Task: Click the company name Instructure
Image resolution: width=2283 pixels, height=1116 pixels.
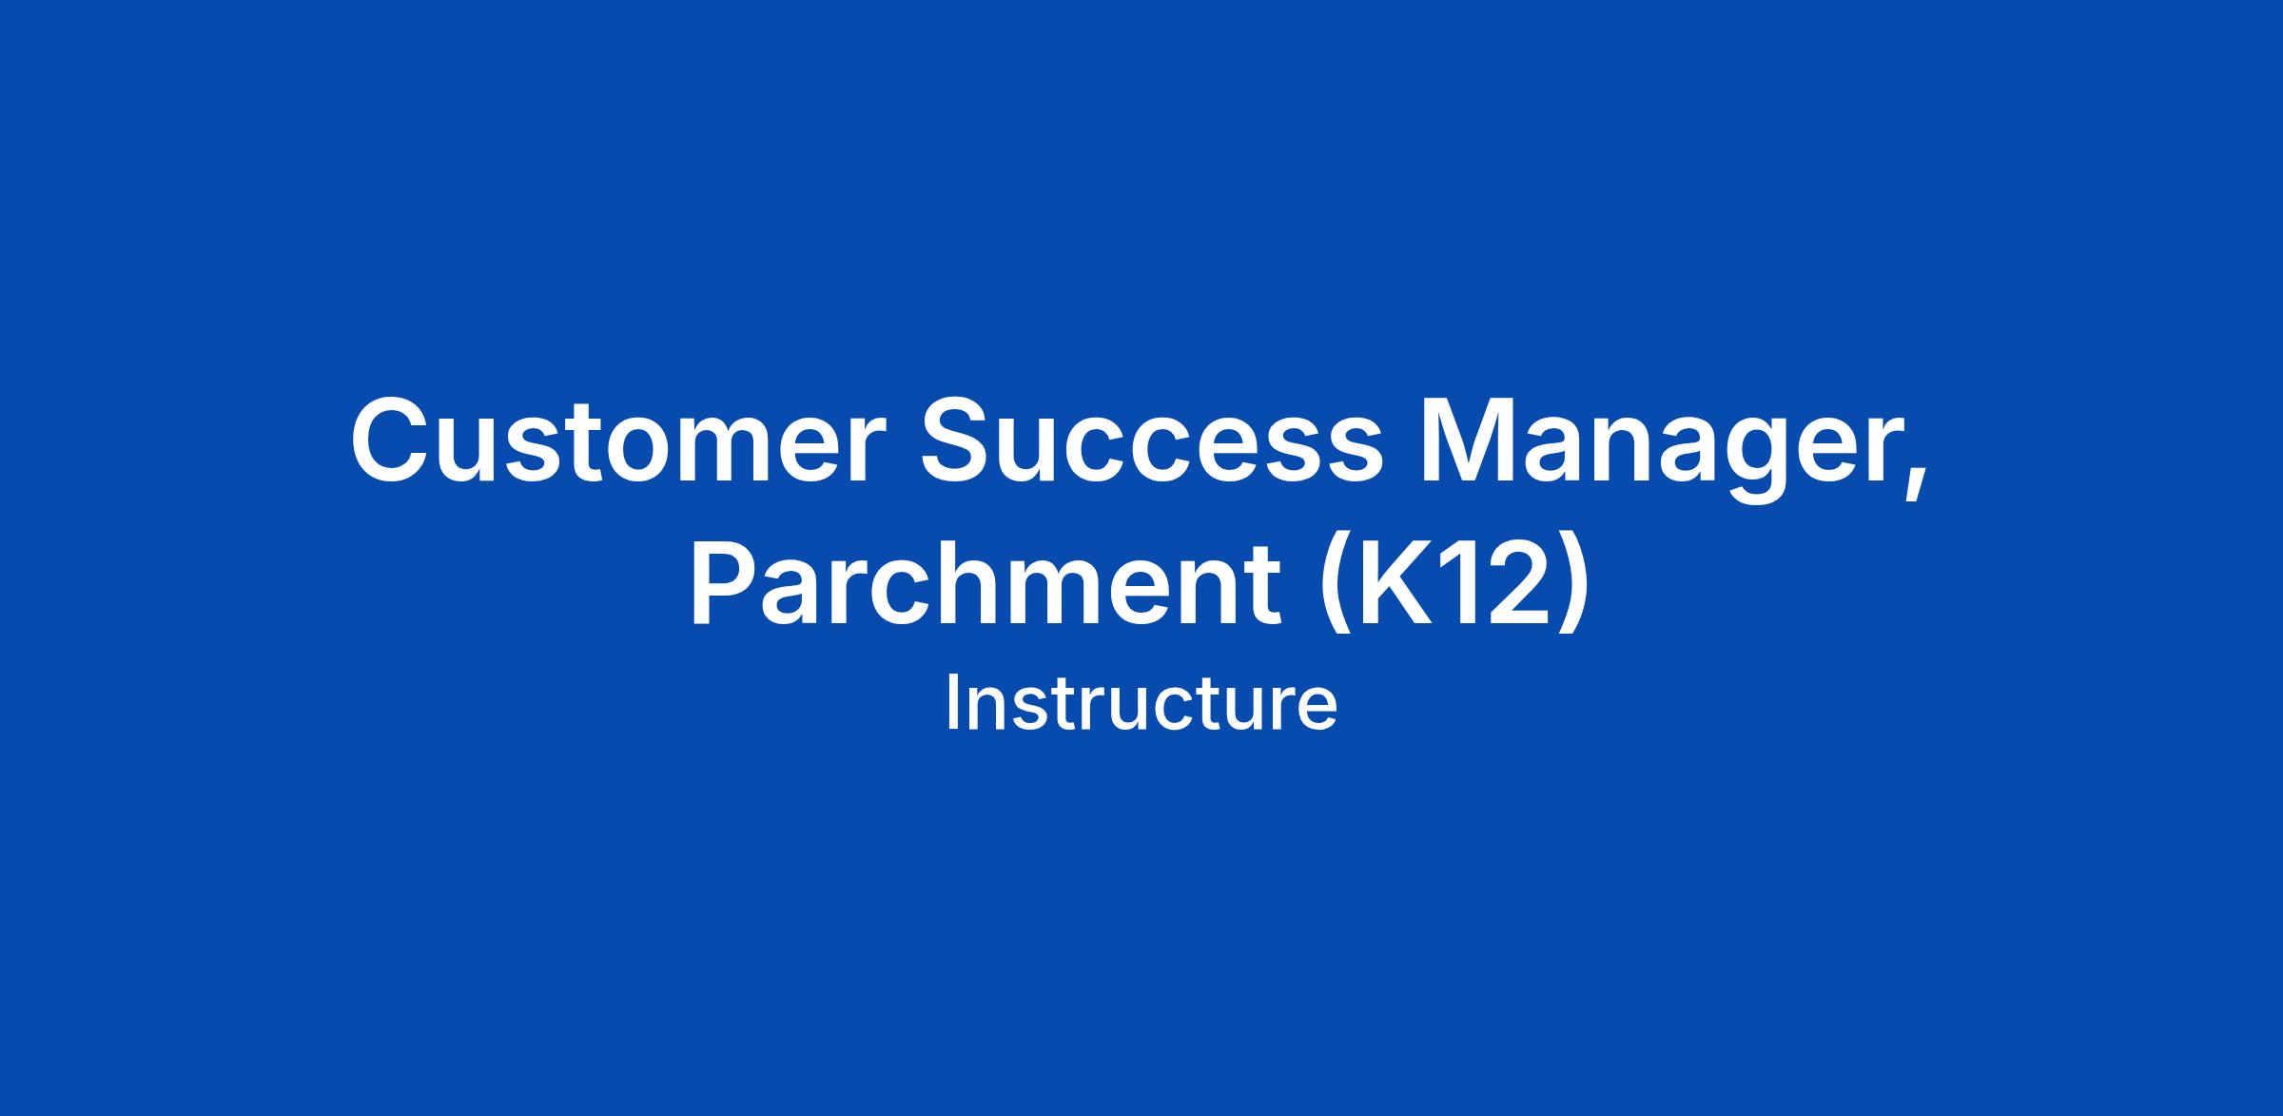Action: (x=1141, y=704)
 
